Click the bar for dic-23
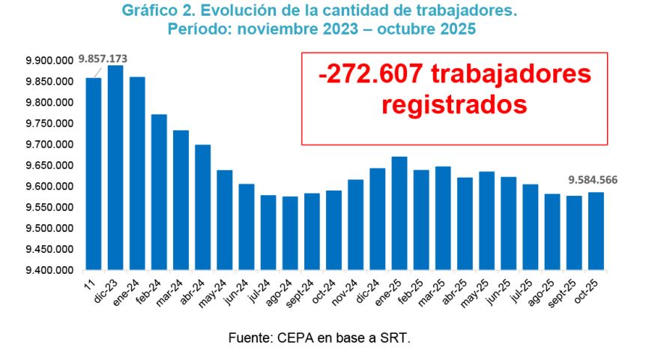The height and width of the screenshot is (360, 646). (115, 168)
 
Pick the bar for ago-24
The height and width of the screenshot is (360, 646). (290, 233)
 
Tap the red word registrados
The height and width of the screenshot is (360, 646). (454, 104)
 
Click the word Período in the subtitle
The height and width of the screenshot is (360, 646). (197, 28)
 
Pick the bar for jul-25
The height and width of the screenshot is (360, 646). (531, 226)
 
